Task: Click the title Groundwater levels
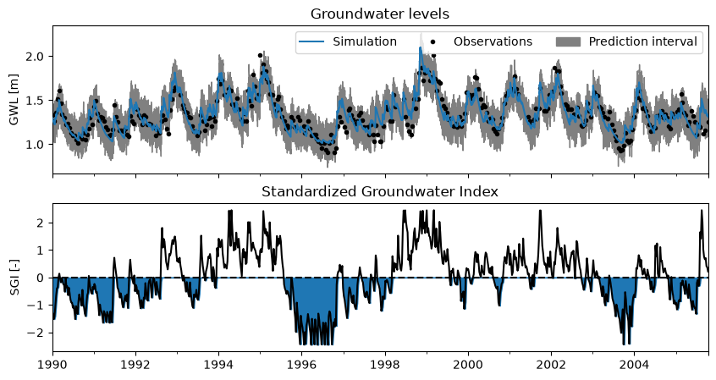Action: coord(379,14)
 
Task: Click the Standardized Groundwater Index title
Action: coord(379,191)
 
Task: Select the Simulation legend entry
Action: coord(348,41)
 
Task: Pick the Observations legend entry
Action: coord(482,41)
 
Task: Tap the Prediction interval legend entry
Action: coord(626,41)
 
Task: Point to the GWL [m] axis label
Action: coord(14,100)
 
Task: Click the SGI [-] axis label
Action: coord(14,278)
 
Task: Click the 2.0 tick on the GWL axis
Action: coord(38,56)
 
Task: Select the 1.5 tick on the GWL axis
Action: coord(38,101)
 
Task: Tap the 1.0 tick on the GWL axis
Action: coord(38,145)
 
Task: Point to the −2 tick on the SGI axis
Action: coord(39,333)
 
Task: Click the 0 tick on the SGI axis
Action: coord(44,278)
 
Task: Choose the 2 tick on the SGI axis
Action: coord(44,223)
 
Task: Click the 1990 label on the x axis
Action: coord(53,366)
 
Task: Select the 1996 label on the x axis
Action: coord(302,366)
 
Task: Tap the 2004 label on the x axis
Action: coord(634,366)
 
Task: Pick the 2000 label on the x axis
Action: coord(468,366)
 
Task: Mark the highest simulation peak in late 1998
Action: coord(421,47)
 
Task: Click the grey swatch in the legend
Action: coord(568,42)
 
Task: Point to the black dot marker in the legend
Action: coord(432,42)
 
